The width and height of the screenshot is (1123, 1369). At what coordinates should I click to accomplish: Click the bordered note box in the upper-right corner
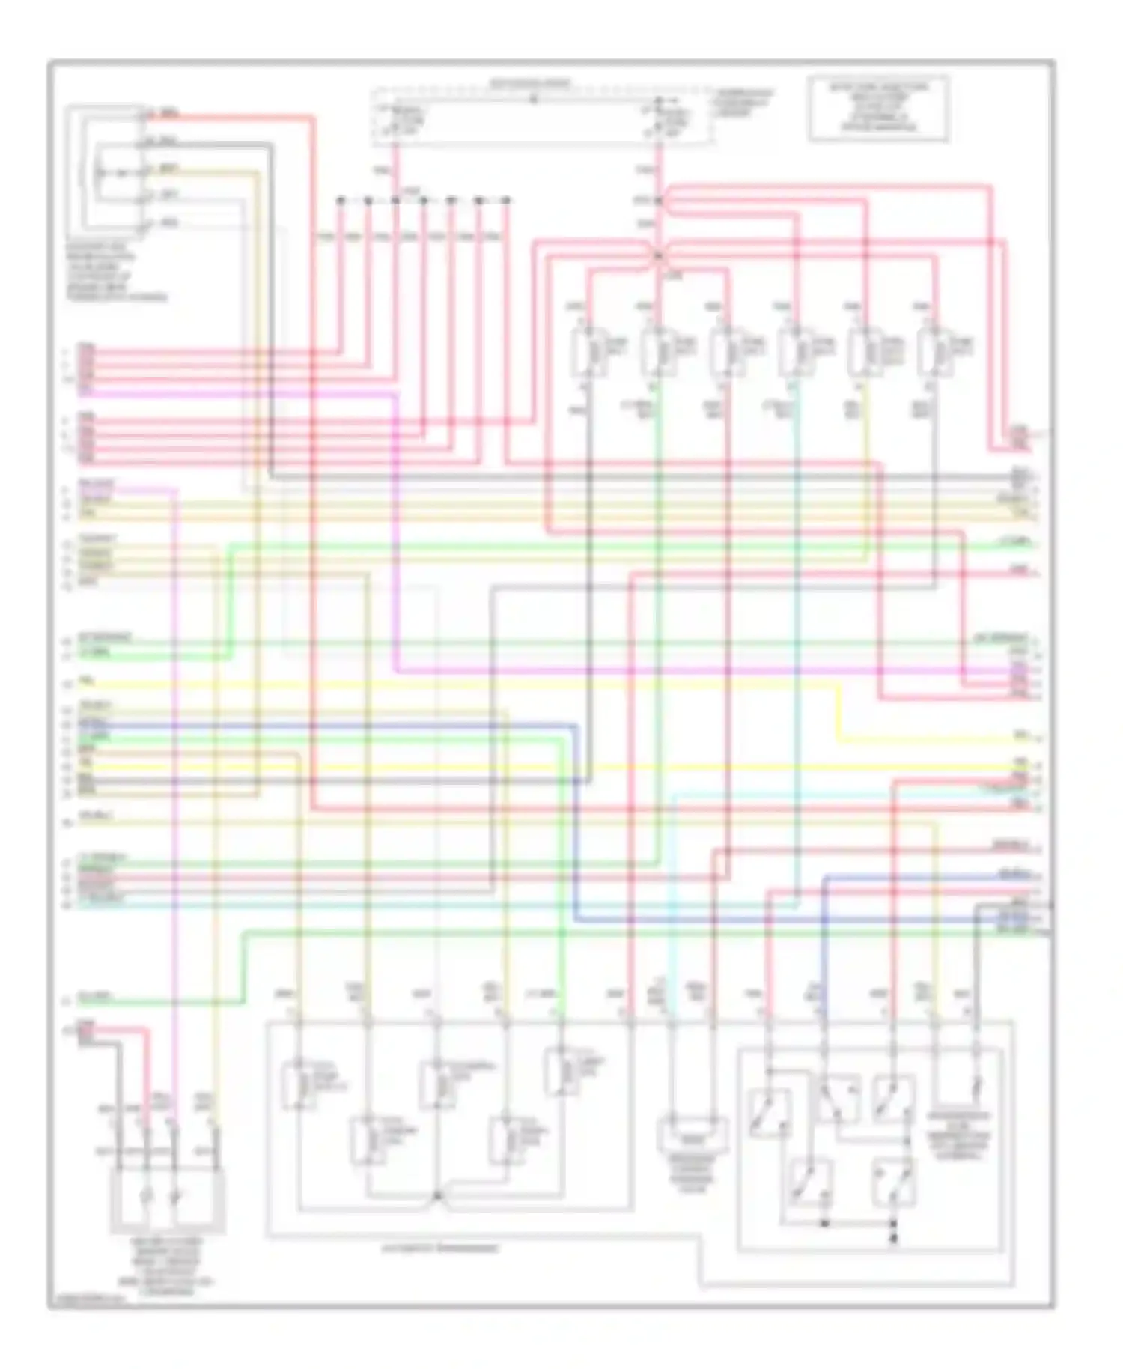pos(877,109)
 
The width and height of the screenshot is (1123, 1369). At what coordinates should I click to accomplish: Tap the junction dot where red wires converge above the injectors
pos(658,255)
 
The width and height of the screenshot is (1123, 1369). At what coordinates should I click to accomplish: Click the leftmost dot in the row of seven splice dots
pos(340,201)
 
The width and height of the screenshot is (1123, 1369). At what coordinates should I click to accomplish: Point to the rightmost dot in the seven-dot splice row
pos(506,201)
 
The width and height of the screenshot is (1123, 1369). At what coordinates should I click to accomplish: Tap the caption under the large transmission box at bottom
pos(439,1249)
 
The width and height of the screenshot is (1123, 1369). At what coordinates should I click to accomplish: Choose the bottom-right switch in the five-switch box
pos(893,1182)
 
